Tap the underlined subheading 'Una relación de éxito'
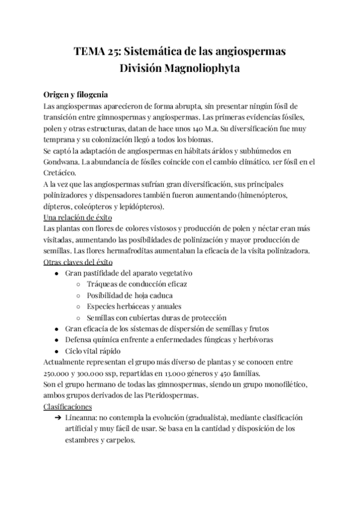tap(77, 217)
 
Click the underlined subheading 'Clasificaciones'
tap(67, 406)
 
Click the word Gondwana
tap(64, 161)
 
